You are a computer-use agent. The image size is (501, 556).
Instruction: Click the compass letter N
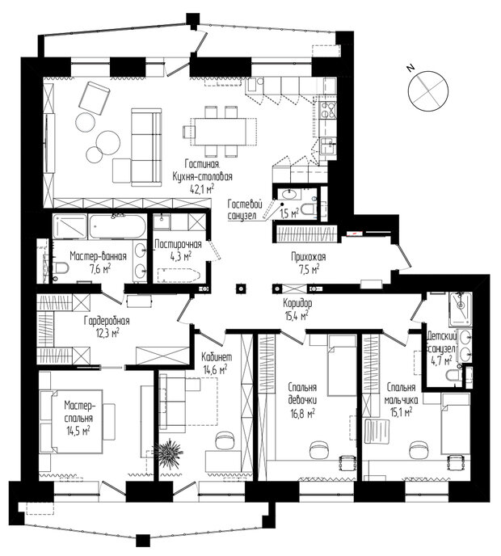tap(411, 67)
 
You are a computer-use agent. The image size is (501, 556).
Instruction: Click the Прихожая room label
tap(308, 257)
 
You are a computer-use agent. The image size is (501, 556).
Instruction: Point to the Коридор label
tap(297, 303)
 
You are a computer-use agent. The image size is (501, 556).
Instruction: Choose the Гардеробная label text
tap(107, 321)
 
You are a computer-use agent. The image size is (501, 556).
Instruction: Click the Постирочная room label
tap(179, 244)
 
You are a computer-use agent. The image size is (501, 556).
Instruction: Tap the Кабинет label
tap(217, 356)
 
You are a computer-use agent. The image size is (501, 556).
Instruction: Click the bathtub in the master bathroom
tap(117, 226)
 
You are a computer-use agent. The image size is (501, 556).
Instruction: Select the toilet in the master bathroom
tap(61, 269)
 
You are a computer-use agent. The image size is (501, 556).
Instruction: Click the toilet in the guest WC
tap(309, 209)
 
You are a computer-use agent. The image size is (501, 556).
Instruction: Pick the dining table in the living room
tap(220, 132)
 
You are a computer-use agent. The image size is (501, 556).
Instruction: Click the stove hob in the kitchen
tap(327, 110)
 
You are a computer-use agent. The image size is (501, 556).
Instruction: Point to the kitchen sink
tap(327, 146)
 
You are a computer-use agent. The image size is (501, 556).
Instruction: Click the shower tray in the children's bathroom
tap(461, 308)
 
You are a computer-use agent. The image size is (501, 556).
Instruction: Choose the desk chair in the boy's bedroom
tap(419, 449)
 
